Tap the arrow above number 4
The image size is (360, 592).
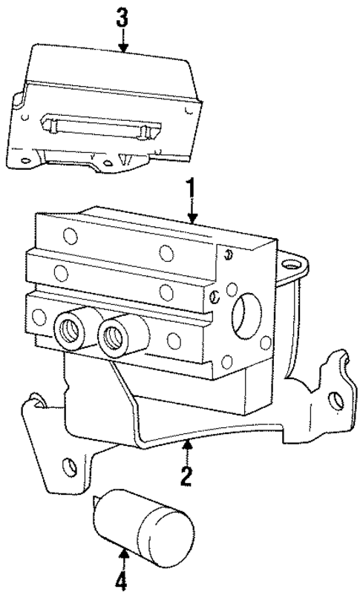[124, 551]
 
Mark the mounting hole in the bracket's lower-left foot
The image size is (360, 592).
[69, 467]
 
